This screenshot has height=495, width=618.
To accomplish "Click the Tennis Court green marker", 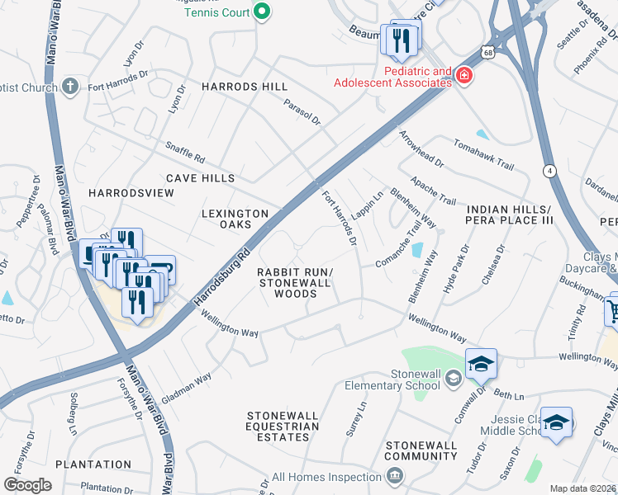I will (262, 12).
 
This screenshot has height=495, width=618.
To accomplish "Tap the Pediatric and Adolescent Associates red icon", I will (464, 76).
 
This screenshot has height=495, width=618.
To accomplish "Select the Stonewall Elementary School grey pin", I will (453, 379).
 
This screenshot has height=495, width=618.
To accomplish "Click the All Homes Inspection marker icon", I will (394, 476).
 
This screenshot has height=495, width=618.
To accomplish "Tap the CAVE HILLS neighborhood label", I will (200, 178).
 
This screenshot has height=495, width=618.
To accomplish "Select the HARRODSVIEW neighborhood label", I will (131, 192).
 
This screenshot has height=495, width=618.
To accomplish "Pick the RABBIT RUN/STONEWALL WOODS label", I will (295, 283).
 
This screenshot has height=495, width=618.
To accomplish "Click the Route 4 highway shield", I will (549, 171).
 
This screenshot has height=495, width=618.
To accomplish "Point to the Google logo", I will (27, 485).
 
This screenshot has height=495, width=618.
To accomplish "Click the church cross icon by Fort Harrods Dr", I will (70, 86).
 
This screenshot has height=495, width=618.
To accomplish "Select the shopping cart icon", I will (612, 311).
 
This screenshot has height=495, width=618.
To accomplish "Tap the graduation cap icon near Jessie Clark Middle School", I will (556, 423).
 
